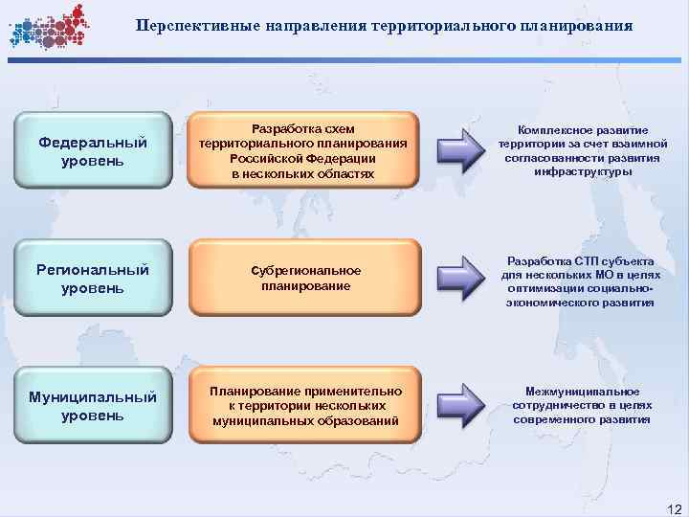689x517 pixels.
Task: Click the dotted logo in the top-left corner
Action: pyautogui.click(x=47, y=26)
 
